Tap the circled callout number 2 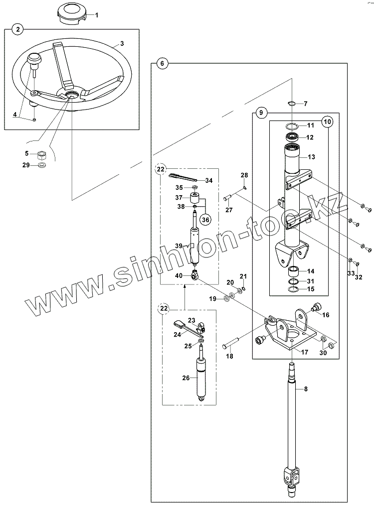[18, 30]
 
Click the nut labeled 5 [42, 154]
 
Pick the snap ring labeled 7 [293, 104]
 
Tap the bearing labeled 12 [292, 137]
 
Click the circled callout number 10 [326, 121]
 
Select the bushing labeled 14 [294, 272]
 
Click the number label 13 [312, 157]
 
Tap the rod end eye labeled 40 [195, 273]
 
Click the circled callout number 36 [204, 219]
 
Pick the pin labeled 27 [226, 198]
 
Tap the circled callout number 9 [260, 113]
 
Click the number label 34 [208, 180]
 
